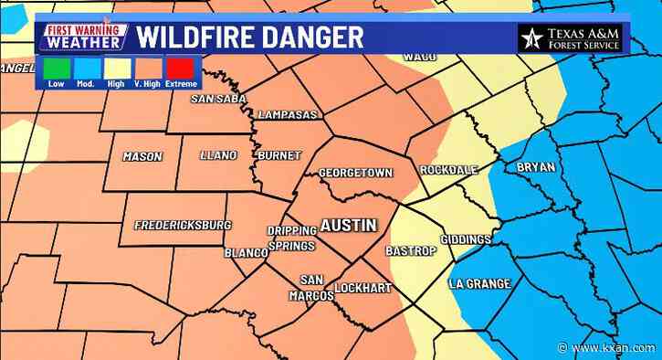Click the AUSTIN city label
click(347, 225)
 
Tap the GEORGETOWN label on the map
click(355, 174)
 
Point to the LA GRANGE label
click(479, 284)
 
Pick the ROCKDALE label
click(444, 171)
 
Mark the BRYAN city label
click(536, 167)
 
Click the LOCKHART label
click(363, 289)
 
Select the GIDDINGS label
click(466, 239)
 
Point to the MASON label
click(142, 157)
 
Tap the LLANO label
click(219, 156)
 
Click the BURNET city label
click(278, 156)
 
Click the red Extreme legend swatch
click(179, 68)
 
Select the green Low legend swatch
click(56, 68)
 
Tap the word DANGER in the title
click(308, 37)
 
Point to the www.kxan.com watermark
click(613, 348)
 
